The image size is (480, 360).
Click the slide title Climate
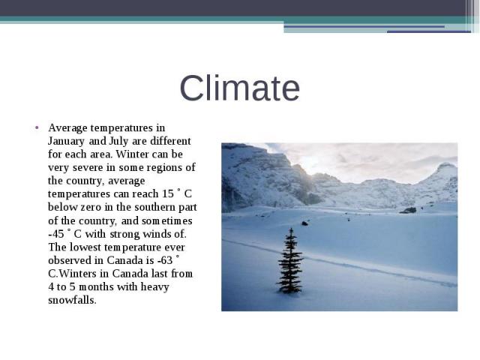click(240, 88)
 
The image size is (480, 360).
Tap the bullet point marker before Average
click(37, 127)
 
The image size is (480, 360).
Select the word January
click(66, 142)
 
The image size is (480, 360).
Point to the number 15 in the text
click(168, 193)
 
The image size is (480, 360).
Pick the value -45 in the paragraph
click(56, 234)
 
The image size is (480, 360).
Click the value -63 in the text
click(165, 260)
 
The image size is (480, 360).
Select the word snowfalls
click(72, 300)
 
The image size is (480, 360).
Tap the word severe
click(88, 168)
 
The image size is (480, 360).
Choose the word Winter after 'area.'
click(132, 154)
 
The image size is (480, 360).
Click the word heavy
click(155, 287)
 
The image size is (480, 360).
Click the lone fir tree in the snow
click(290, 262)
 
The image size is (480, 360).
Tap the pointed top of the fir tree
click(292, 228)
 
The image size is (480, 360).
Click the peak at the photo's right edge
click(446, 165)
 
